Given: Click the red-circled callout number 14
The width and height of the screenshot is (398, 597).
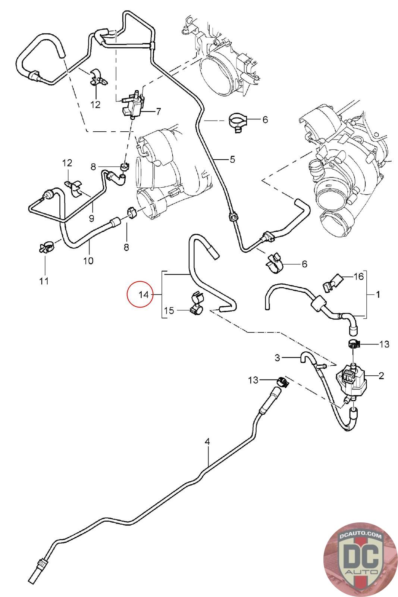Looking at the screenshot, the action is pyautogui.click(x=143, y=294).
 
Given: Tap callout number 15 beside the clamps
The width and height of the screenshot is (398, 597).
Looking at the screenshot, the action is pyautogui.click(x=169, y=310).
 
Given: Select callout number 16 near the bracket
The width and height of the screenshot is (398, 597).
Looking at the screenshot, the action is pyautogui.click(x=358, y=276).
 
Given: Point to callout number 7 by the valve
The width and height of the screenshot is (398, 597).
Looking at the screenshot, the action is pyautogui.click(x=158, y=112).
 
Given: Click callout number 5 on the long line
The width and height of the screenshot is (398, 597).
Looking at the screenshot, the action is pyautogui.click(x=232, y=160).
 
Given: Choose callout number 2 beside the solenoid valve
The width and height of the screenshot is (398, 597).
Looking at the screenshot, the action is pyautogui.click(x=381, y=376).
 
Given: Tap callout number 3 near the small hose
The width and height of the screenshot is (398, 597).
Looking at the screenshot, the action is pyautogui.click(x=277, y=358).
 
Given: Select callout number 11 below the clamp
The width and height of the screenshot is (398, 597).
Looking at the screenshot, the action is pyautogui.click(x=44, y=281).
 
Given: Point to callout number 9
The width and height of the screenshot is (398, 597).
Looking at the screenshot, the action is pyautogui.click(x=91, y=219).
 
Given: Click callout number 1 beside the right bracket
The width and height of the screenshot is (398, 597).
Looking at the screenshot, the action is pyautogui.click(x=378, y=294).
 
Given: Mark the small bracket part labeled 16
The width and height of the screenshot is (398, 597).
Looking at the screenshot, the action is pyautogui.click(x=332, y=283).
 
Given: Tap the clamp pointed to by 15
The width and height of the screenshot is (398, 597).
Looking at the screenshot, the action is pyautogui.click(x=196, y=303).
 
